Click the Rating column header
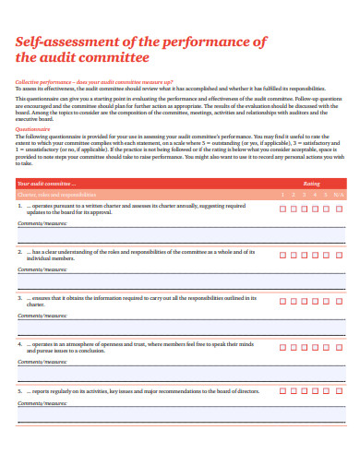pyautogui.click(x=311, y=184)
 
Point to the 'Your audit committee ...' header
pyautogui.click(x=45, y=184)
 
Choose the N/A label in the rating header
pyautogui.click(x=339, y=195)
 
